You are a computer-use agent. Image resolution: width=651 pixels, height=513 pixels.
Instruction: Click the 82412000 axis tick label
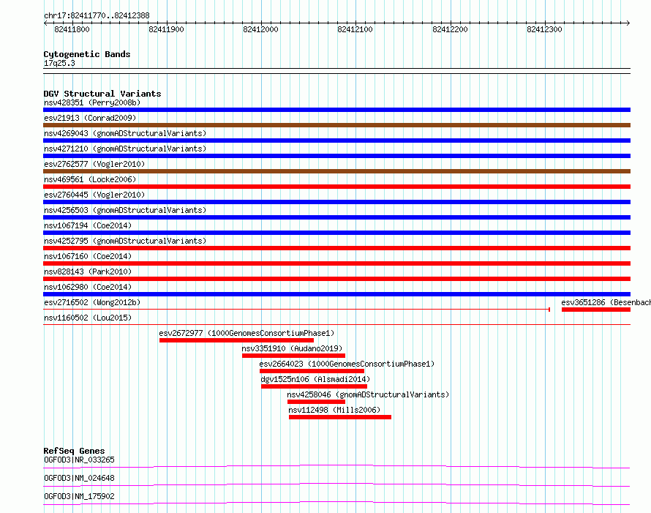pyautogui.click(x=260, y=29)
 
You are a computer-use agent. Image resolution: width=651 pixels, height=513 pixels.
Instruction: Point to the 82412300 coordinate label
pyautogui.click(x=544, y=29)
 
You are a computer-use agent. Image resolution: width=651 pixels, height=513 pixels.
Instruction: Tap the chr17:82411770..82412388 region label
pyautogui.click(x=97, y=16)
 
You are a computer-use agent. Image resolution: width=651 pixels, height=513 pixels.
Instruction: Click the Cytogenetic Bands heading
pyautogui.click(x=87, y=54)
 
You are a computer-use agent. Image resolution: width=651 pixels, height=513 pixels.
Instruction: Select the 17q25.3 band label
pyautogui.click(x=59, y=63)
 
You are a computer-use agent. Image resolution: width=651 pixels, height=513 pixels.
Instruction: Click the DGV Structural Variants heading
pyautogui.click(x=102, y=94)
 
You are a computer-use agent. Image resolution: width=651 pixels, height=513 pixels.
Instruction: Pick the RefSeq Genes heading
pyautogui.click(x=74, y=451)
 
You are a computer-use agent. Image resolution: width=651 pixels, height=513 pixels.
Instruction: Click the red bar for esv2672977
pyautogui.click(x=237, y=340)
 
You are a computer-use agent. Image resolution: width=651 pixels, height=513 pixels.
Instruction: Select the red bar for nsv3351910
pyautogui.click(x=293, y=356)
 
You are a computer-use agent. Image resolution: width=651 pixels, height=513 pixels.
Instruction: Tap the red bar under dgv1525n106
pyautogui.click(x=315, y=386)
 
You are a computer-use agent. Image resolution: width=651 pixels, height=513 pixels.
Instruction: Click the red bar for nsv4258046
pyautogui.click(x=317, y=402)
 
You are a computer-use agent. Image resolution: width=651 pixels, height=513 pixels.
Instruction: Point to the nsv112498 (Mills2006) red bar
pyautogui.click(x=340, y=417)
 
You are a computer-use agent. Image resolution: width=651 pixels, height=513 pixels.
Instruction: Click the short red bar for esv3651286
pyautogui.click(x=596, y=310)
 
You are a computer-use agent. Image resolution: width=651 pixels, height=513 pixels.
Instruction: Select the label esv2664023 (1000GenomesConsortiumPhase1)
pyautogui.click(x=347, y=364)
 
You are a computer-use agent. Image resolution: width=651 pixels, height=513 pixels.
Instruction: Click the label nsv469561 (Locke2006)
pyautogui.click(x=90, y=179)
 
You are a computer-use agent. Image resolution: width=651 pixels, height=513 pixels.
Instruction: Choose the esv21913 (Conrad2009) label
pyautogui.click(x=90, y=118)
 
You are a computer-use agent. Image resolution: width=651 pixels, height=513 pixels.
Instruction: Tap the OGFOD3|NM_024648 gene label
pyautogui.click(x=79, y=478)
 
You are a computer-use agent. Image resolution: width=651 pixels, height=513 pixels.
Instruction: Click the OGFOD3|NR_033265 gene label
pyautogui.click(x=79, y=460)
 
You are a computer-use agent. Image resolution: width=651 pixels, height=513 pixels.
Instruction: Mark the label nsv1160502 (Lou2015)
pyautogui.click(x=88, y=318)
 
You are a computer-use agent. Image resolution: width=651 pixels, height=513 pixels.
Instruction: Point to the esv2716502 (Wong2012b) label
pyautogui.click(x=92, y=302)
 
